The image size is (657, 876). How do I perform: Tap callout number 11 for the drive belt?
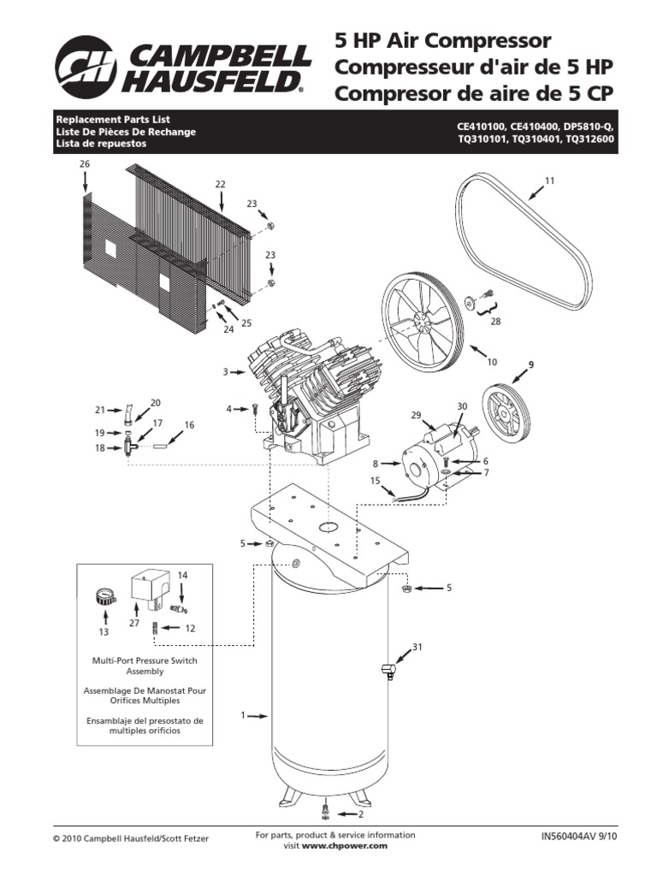550,181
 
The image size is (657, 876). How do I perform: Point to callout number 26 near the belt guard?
85,163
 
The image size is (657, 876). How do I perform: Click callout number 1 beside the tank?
243,714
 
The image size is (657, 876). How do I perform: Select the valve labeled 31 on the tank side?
387,670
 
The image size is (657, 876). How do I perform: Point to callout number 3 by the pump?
225,371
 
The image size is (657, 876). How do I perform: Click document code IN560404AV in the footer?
571,838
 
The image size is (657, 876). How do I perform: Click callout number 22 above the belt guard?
220,184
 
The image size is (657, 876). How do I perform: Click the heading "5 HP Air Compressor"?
441,40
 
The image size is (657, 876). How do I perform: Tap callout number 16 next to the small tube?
189,424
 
